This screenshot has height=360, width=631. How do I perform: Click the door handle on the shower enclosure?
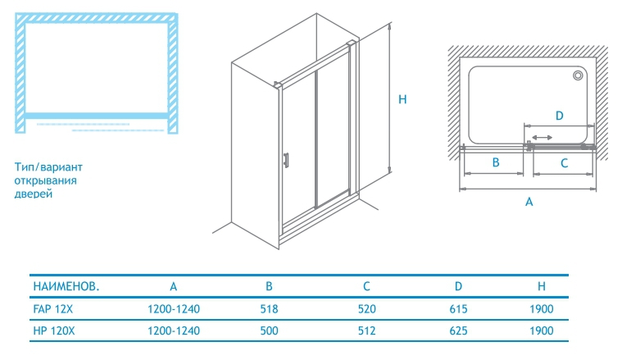286,161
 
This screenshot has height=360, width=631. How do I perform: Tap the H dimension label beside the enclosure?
402,99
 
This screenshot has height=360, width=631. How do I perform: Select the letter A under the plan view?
529,201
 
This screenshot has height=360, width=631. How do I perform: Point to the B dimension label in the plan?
496,163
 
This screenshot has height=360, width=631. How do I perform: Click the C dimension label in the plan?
564,163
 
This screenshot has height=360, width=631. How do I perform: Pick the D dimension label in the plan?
560,116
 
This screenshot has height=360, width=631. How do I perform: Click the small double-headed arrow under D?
542,137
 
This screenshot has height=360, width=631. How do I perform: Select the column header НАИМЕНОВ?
66,287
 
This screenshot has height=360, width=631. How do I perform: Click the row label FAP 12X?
53,309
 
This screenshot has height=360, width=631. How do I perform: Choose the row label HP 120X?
55,330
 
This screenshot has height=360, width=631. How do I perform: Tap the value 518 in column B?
270,309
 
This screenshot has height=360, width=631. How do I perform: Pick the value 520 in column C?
368,309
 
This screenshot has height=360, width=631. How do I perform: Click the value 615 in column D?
459,309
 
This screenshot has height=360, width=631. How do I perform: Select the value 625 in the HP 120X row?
459,330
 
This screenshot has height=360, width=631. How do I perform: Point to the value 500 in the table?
270,330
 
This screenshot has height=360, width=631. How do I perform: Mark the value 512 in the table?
368,330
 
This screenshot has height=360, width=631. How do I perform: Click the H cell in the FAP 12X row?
542,309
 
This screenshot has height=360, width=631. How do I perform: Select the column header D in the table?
459,287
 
